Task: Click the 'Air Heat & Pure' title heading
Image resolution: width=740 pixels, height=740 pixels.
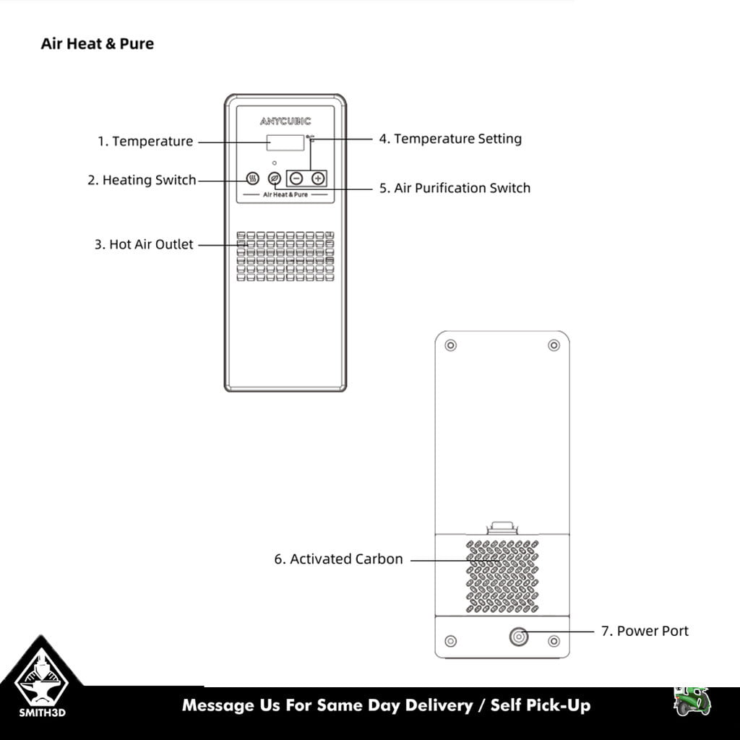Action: click(98, 43)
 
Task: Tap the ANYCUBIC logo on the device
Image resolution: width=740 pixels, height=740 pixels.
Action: click(285, 121)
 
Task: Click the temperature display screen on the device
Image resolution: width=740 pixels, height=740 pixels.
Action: click(285, 142)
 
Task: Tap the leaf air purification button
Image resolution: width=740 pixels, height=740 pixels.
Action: click(274, 178)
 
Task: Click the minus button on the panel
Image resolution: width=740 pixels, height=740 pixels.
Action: click(296, 178)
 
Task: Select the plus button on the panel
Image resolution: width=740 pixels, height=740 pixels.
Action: click(318, 178)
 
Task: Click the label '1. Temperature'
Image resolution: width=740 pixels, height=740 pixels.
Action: click(145, 141)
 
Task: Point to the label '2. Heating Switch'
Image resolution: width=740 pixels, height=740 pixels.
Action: click(142, 180)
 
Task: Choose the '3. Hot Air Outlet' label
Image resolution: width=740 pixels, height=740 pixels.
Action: click(144, 244)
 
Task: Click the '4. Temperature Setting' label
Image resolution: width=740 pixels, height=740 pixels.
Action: click(450, 139)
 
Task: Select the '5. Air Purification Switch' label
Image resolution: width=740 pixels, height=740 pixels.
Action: click(455, 188)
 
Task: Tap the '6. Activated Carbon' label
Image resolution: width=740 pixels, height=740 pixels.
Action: click(338, 559)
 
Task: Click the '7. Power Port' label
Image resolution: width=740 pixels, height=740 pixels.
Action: click(645, 631)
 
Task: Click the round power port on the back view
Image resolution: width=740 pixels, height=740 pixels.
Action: click(519, 637)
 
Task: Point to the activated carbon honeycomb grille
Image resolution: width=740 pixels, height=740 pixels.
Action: click(502, 577)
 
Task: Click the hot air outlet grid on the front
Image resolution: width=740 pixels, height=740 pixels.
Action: click(285, 257)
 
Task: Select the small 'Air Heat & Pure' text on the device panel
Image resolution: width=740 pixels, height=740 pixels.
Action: click(285, 194)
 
